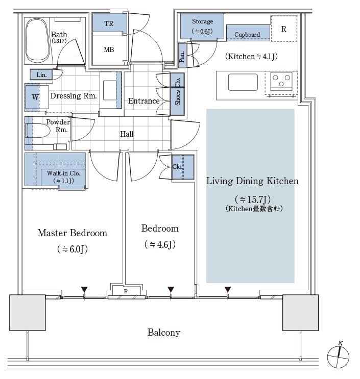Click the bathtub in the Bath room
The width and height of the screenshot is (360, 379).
(37, 40)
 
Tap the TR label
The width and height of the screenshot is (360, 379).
(109, 23)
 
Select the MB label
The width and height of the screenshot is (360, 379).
(109, 49)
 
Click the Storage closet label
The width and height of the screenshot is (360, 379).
(203, 21)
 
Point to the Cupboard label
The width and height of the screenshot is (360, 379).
(247, 35)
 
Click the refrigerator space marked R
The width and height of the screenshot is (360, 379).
(284, 29)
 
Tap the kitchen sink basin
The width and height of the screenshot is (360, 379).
(243, 82)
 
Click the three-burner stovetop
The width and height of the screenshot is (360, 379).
(281, 81)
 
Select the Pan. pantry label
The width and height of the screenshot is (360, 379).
(182, 56)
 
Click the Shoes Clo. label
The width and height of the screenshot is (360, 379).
(178, 91)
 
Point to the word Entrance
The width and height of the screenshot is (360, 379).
(143, 101)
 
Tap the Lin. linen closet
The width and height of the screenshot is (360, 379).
(41, 74)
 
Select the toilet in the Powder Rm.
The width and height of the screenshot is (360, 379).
(38, 131)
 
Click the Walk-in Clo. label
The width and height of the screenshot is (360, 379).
(63, 173)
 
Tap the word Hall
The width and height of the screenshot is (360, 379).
(127, 134)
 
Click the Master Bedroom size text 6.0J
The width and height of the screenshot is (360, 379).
(73, 249)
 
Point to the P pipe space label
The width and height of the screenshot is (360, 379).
(126, 291)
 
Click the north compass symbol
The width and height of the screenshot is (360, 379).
(338, 357)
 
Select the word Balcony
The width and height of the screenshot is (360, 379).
(164, 333)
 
